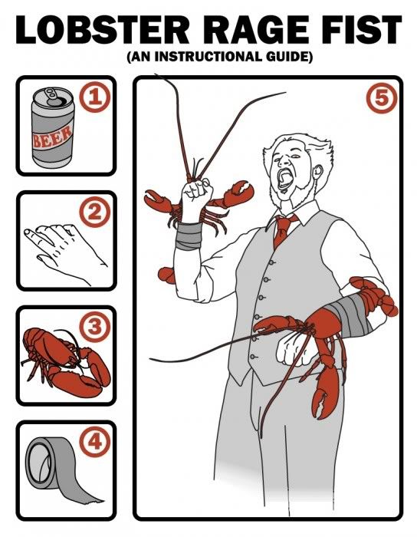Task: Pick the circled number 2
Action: click(94, 214)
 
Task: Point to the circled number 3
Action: click(94, 328)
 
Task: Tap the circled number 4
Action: click(94, 442)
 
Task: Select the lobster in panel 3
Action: click(65, 356)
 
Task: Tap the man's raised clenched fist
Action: click(198, 190)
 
